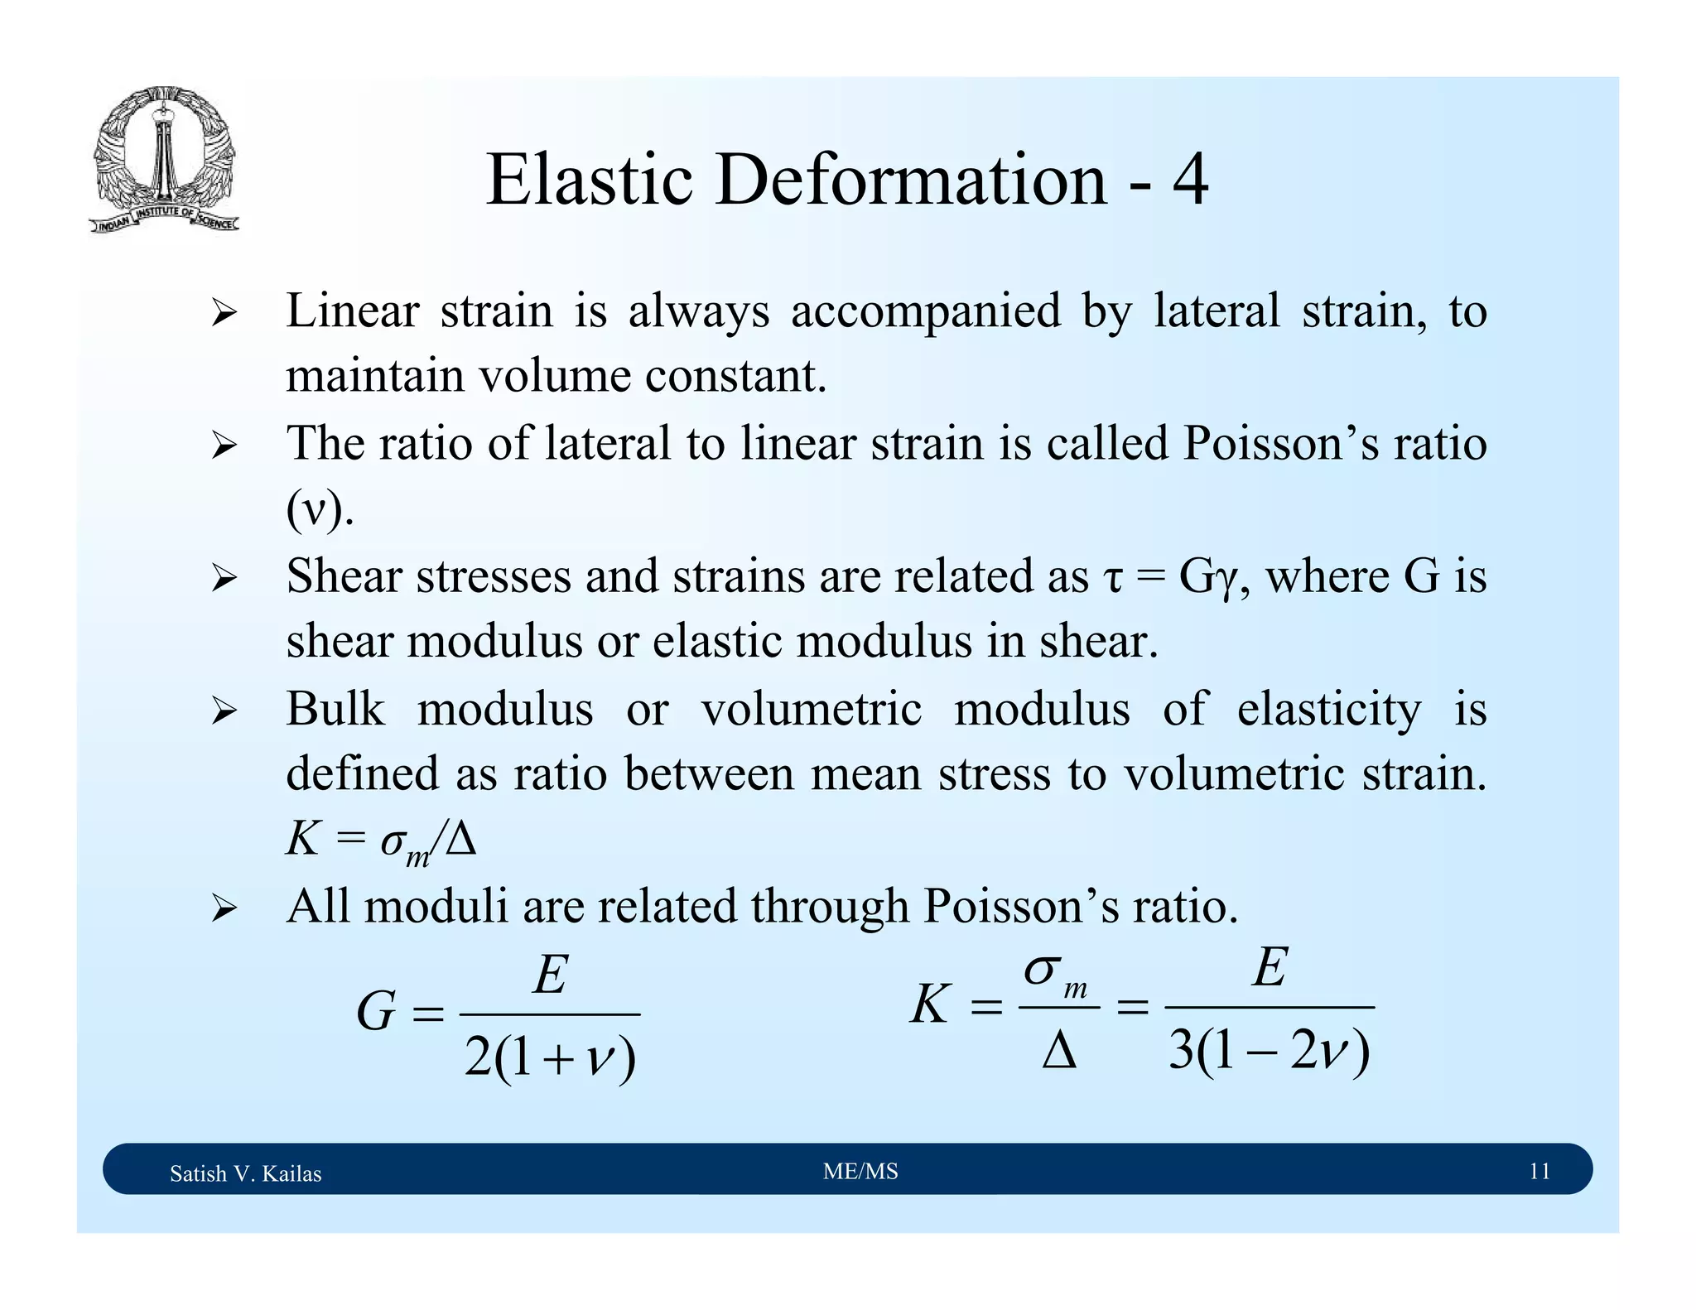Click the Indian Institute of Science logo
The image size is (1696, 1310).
point(164,159)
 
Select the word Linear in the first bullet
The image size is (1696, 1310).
point(352,312)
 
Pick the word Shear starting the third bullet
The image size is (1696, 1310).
point(344,576)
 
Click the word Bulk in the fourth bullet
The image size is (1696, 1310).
point(335,710)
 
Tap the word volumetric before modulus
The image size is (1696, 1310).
point(812,710)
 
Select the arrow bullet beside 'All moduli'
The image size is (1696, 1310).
point(224,908)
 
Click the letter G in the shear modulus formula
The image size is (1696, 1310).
point(375,1013)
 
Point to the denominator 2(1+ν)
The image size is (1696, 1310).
point(550,1058)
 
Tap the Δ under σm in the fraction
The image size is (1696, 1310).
point(1059,1052)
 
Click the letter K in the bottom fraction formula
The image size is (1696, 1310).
point(929,1006)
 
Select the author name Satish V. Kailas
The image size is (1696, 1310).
point(245,1173)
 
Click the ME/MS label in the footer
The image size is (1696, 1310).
point(860,1172)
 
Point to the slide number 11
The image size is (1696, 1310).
point(1539,1172)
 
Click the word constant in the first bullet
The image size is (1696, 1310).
point(735,377)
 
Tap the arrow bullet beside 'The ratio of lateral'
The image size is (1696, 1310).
point(224,446)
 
